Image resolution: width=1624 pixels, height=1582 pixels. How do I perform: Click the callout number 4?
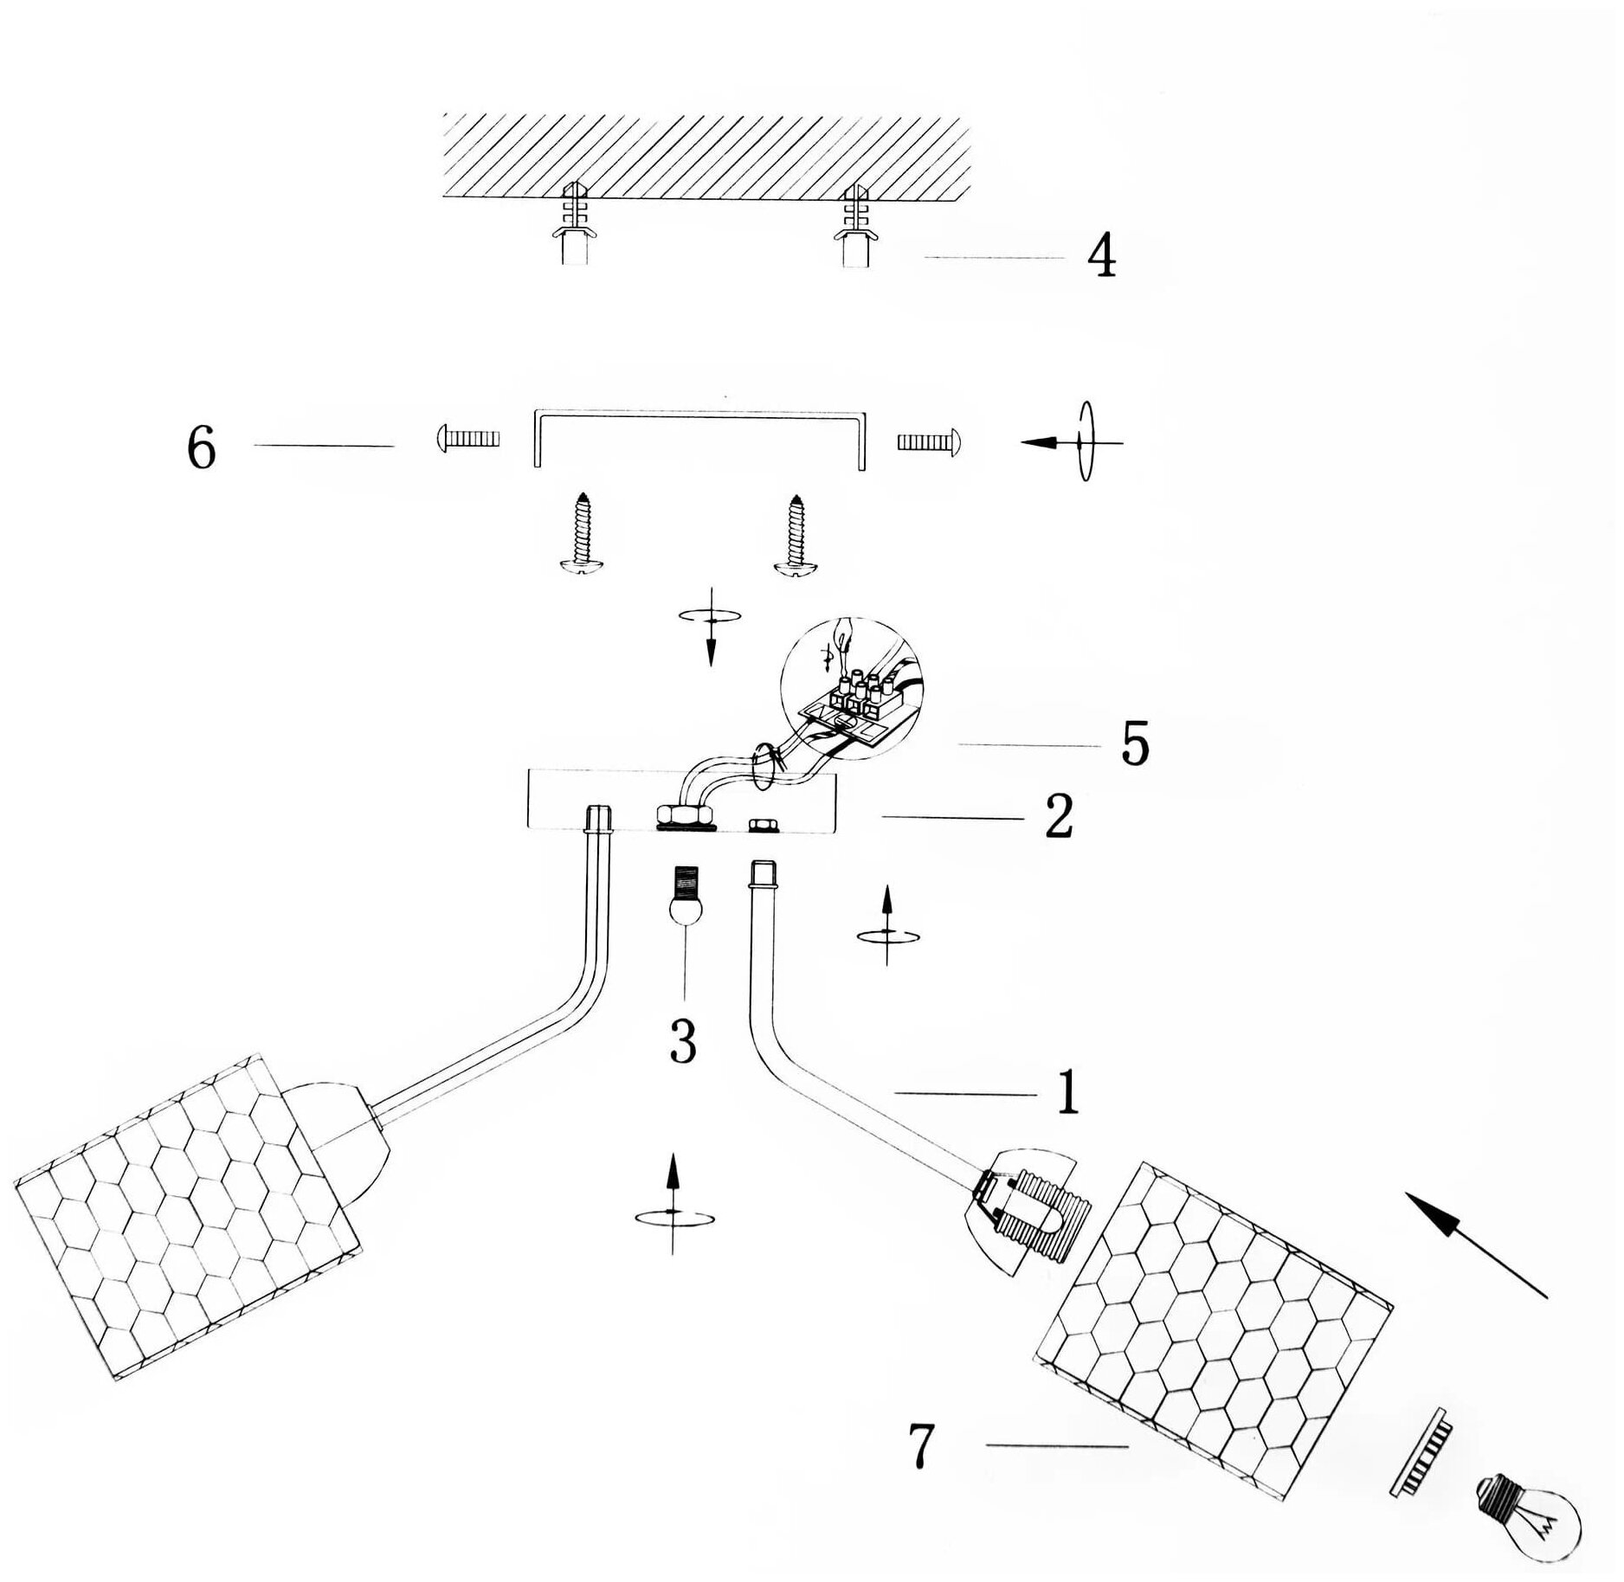pos(1102,256)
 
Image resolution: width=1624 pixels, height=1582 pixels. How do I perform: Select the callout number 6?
pos(202,448)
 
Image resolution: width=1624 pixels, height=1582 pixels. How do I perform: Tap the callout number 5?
pos(1135,743)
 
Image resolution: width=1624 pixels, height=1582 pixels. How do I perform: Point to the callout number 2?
pos(1059,816)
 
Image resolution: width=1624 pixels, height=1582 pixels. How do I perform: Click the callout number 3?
pos(683,1041)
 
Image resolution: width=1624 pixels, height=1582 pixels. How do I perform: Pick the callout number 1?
pos(1068,1092)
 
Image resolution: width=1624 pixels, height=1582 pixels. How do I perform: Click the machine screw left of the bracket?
pos(467,439)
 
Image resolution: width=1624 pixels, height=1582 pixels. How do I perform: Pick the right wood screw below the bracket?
pos(796,534)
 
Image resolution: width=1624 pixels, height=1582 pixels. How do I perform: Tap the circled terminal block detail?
pos(852,688)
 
